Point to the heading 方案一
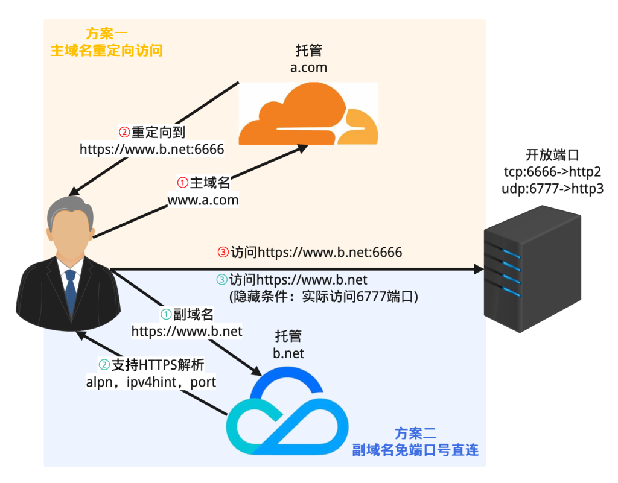coord(106,34)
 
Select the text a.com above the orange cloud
coord(308,68)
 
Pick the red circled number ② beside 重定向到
coord(123,131)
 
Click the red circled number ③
coord(223,252)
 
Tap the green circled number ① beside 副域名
coord(166,314)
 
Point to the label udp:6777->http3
coord(552,189)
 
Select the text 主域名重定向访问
coord(106,51)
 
